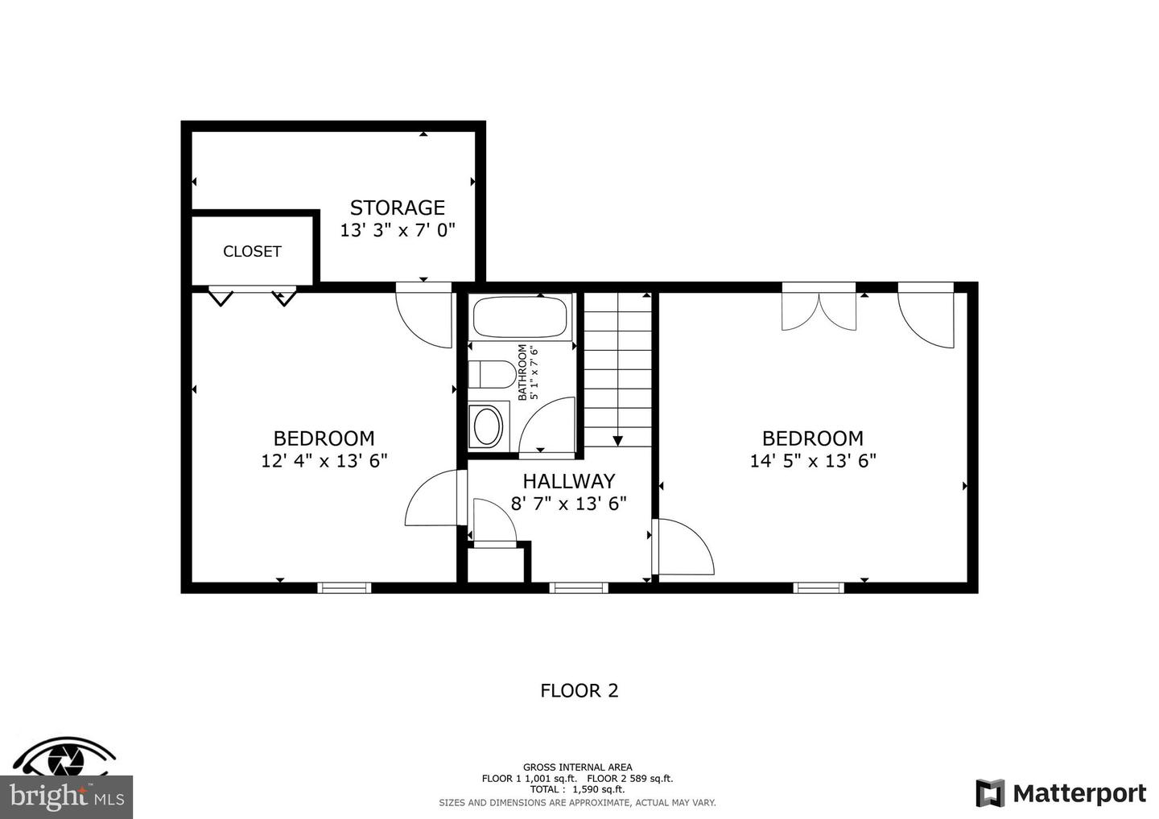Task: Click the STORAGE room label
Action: click(x=397, y=208)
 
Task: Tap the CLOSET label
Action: click(x=252, y=252)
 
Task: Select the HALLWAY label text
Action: click(x=568, y=481)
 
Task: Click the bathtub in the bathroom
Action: click(x=521, y=316)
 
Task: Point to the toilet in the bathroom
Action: click(x=492, y=374)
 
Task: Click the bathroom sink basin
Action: click(x=487, y=427)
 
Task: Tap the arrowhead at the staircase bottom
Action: click(x=617, y=440)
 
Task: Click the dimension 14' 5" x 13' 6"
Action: click(x=812, y=461)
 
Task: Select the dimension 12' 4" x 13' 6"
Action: click(x=324, y=461)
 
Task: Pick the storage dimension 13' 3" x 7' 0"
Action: click(x=397, y=230)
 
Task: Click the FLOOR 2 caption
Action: click(x=579, y=690)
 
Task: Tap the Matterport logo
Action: click(x=1061, y=793)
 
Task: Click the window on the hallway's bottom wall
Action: click(x=578, y=588)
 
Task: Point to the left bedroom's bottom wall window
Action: click(x=344, y=588)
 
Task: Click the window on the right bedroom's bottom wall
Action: click(x=819, y=588)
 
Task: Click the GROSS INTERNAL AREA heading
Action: click(x=577, y=767)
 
